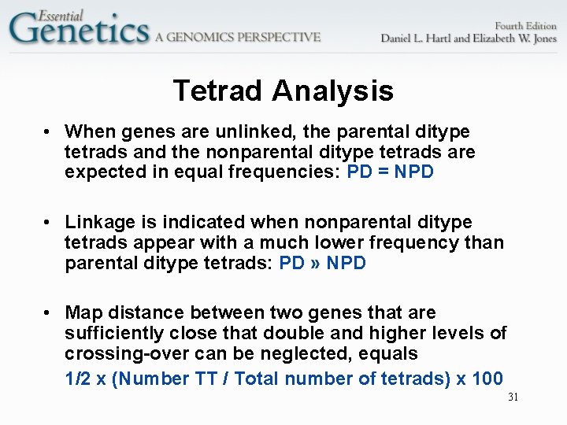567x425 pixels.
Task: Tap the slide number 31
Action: point(513,397)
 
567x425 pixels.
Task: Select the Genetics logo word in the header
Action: point(79,31)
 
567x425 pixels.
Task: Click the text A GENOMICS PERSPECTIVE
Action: point(238,37)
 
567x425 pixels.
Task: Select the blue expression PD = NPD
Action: point(390,172)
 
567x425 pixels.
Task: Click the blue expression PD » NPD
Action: point(323,263)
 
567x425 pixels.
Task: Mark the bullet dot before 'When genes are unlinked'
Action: point(48,131)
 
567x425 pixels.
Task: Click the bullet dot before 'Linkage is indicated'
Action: point(48,223)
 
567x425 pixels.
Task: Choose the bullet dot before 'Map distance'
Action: point(48,313)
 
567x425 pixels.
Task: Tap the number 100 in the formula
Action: point(487,379)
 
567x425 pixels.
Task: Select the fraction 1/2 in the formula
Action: point(78,379)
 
